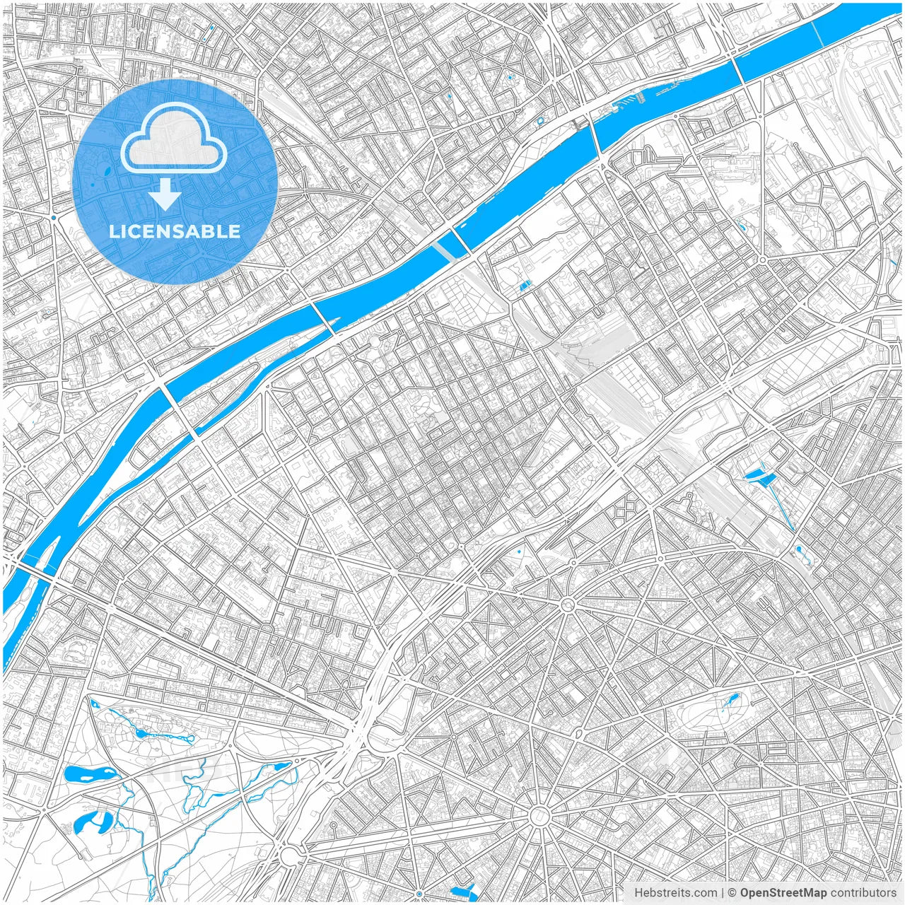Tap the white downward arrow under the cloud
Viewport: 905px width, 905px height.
coord(165,194)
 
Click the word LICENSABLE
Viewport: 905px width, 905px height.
coord(175,231)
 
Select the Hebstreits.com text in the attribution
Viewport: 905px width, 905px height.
coord(675,892)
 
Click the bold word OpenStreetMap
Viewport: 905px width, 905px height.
coord(783,892)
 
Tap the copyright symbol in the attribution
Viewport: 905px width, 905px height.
coord(732,892)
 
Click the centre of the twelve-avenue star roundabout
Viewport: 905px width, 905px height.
coord(539,817)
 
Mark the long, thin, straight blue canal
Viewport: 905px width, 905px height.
coord(782,506)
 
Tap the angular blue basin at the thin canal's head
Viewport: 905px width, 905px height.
coord(758,475)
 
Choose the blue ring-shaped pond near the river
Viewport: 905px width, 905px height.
coord(540,121)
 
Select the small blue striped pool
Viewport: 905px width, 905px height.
coord(524,286)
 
